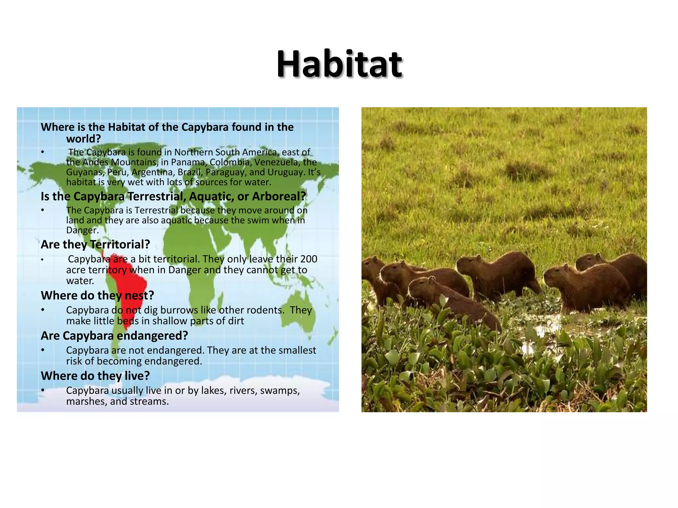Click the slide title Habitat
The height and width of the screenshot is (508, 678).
click(339, 64)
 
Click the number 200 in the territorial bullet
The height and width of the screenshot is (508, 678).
click(309, 259)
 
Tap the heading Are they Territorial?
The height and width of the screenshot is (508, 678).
click(95, 244)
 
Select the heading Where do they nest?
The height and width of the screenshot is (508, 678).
click(97, 295)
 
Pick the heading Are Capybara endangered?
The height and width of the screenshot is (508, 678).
click(114, 336)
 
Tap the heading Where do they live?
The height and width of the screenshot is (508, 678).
click(95, 376)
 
